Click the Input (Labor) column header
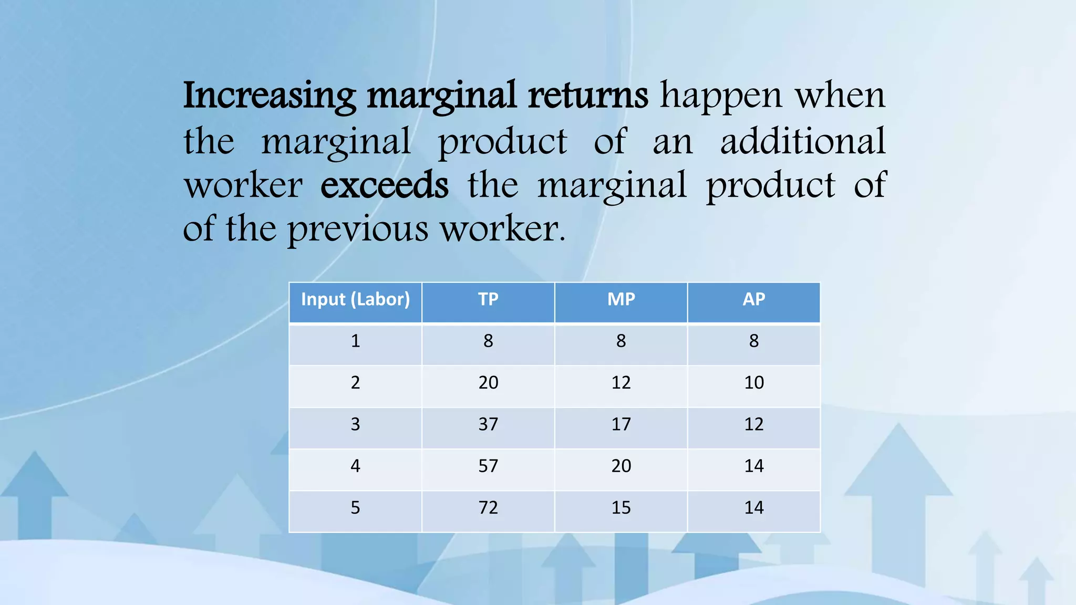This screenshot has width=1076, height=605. click(355, 299)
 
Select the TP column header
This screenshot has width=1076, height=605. click(488, 299)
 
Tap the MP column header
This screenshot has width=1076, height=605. click(621, 299)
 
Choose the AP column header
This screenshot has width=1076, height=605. click(754, 299)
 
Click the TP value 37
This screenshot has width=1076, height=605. click(488, 424)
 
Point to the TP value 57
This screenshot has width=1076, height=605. click(488, 466)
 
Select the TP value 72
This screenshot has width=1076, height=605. click(488, 508)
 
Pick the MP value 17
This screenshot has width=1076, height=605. click(621, 424)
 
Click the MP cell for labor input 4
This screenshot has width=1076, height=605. click(621, 466)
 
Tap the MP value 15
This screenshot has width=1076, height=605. click(621, 508)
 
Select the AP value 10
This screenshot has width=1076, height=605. click(754, 382)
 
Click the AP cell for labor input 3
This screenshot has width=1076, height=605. click(754, 424)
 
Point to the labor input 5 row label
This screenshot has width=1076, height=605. click(355, 508)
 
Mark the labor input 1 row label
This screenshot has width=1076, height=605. click(355, 341)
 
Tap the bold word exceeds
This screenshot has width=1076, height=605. click(385, 185)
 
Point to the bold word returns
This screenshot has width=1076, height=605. click(588, 96)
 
